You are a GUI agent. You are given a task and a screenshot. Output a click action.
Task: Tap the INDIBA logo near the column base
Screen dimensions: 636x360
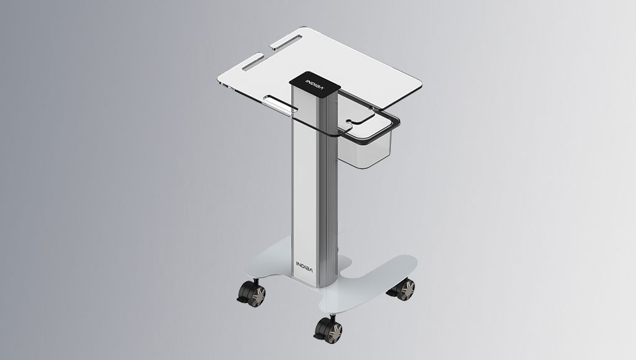304,268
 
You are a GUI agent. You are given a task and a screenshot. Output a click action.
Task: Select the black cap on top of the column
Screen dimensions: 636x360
314,85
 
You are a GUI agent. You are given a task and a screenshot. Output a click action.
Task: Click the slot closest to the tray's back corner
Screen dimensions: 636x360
287,42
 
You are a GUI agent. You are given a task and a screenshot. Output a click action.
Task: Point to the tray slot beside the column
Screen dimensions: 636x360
281,103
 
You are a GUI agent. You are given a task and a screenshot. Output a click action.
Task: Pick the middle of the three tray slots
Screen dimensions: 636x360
252,62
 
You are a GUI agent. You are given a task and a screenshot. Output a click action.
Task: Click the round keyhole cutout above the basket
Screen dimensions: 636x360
348,121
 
